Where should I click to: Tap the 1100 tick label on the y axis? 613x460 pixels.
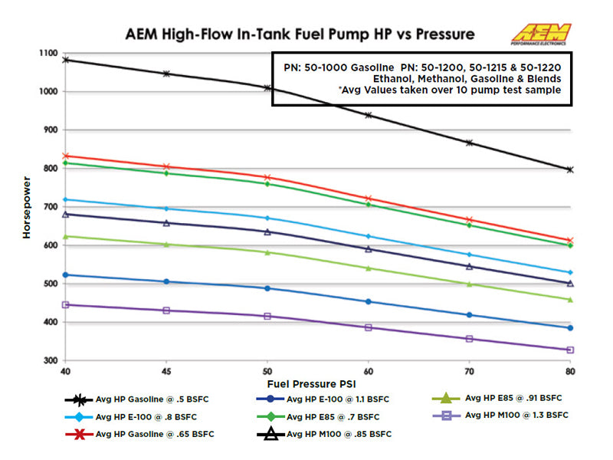pos(49,53)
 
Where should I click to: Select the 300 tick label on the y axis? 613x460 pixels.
pos(52,360)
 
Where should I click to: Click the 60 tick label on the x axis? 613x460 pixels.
pos(369,371)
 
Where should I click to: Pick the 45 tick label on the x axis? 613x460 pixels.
pos(166,371)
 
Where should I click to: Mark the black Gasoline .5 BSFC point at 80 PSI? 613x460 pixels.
pos(570,169)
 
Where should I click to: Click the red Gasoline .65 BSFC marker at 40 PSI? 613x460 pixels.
pos(66,156)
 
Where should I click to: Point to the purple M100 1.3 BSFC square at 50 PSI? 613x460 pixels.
pos(267,316)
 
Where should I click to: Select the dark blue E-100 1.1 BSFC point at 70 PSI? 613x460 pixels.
pos(469,315)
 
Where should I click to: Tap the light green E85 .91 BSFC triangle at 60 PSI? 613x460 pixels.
pos(369,268)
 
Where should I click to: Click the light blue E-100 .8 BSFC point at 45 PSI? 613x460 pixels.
pos(166,209)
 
